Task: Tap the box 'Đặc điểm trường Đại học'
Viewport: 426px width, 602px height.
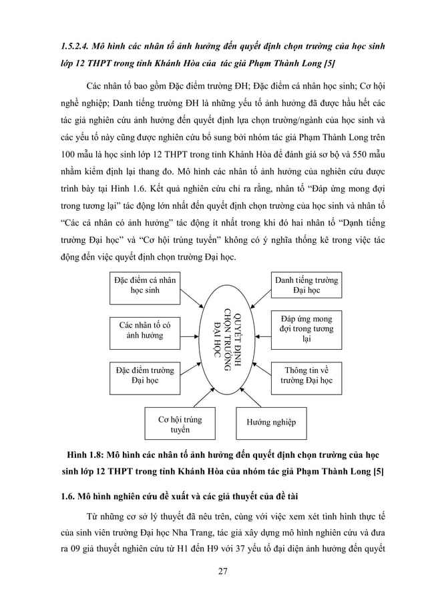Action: pyautogui.click(x=145, y=376)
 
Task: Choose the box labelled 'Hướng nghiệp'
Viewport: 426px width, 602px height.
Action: pyautogui.click(x=271, y=422)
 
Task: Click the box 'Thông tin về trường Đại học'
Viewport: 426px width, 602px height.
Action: pyautogui.click(x=306, y=376)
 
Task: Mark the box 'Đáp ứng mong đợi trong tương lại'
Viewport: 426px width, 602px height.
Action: pyautogui.click(x=306, y=330)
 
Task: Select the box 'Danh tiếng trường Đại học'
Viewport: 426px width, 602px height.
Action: pyautogui.click(x=306, y=286)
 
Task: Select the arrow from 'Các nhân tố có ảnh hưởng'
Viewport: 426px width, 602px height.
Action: pyautogui.click(x=192, y=329)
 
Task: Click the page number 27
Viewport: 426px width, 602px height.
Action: pyautogui.click(x=212, y=571)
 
